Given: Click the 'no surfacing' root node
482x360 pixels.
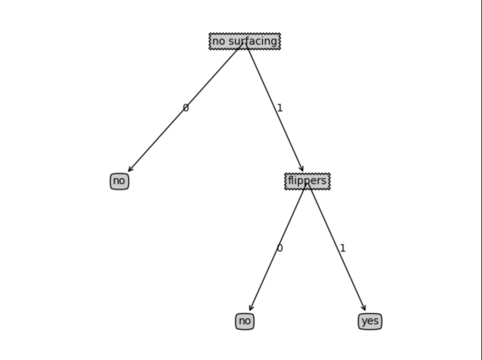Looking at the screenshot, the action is (245, 41).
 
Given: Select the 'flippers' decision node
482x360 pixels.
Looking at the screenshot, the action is (307, 181).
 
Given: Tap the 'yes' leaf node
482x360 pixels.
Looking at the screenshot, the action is (370, 321).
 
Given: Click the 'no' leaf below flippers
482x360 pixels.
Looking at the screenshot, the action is (244, 321).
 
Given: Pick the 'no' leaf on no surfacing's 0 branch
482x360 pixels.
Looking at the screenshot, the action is (119, 181).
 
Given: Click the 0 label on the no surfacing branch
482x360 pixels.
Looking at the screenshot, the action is (186, 108).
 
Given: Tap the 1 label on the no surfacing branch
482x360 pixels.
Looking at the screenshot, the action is (280, 108).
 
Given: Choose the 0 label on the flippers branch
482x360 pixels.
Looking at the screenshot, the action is (280, 249).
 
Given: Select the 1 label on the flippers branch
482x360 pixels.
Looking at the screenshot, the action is (343, 249).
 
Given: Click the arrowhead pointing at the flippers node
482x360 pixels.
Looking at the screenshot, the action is (302, 169).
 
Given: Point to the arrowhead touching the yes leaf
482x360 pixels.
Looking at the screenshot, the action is (365, 308).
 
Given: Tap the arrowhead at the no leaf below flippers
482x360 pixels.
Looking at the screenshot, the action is (251, 308).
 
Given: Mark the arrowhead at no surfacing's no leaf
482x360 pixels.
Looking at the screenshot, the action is (130, 170).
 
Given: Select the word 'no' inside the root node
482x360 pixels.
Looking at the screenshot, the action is (218, 41).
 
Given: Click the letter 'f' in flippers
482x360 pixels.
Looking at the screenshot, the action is (290, 180).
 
